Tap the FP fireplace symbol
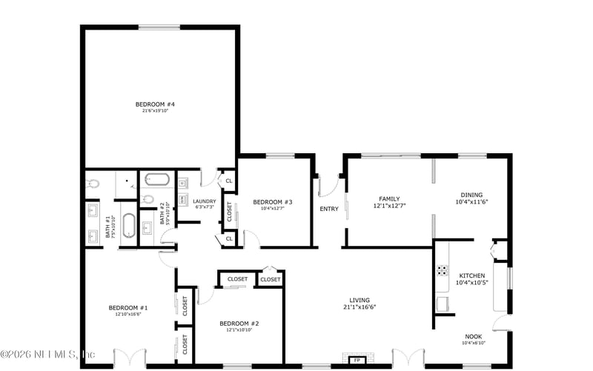[x=357, y=360]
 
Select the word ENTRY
[x=329, y=209]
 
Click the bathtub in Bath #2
[x=157, y=179]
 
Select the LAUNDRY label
[x=203, y=201]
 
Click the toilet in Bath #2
[x=148, y=199]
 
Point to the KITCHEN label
[x=471, y=275]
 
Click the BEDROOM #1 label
[x=128, y=308]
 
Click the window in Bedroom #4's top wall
[x=159, y=28]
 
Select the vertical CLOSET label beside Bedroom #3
[x=229, y=211]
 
